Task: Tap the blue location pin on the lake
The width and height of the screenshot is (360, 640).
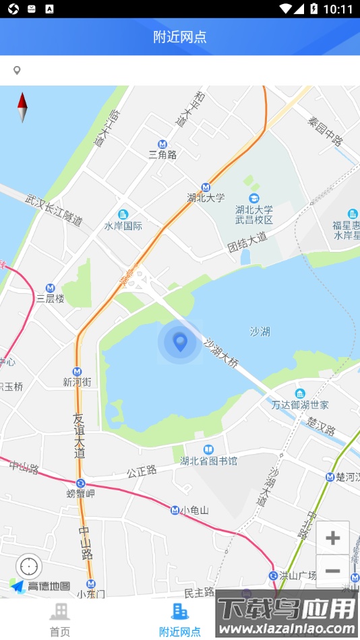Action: tap(180, 342)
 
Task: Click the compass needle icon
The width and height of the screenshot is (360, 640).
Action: tap(22, 107)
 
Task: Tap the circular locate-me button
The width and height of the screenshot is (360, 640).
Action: tap(29, 567)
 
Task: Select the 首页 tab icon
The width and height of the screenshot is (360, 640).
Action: tap(59, 612)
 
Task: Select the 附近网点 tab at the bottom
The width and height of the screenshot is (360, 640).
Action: tap(179, 620)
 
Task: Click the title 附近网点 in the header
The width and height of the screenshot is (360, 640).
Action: tap(180, 37)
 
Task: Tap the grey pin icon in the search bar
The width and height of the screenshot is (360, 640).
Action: tap(17, 71)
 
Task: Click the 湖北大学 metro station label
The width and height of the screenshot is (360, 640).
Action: tap(206, 198)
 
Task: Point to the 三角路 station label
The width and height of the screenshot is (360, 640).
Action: tap(162, 154)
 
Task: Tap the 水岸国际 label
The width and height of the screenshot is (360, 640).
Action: tap(123, 226)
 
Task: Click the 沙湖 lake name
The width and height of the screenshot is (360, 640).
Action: tap(260, 331)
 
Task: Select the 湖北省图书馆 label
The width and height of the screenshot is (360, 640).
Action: tap(208, 461)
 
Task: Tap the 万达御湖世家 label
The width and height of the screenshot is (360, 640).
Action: tap(300, 405)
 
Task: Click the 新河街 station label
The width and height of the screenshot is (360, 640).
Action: tap(77, 382)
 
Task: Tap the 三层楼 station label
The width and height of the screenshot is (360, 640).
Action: tap(51, 298)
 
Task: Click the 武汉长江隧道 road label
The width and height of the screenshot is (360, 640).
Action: tap(54, 210)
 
